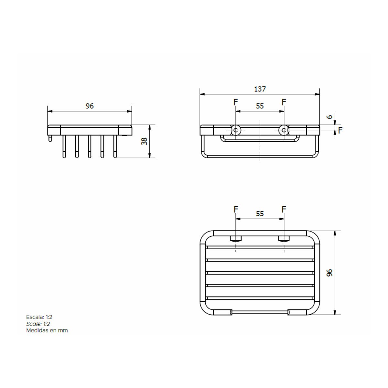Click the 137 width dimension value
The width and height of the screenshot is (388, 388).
[260, 89]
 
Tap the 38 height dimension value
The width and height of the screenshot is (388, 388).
[145, 141]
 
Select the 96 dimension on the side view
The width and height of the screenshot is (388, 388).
[90, 106]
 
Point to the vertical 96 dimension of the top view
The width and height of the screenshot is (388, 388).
[329, 273]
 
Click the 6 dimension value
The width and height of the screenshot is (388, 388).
[329, 117]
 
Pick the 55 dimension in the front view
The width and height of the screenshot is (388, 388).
[260, 106]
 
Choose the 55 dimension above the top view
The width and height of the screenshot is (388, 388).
[260, 214]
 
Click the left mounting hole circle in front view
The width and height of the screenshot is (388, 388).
[236, 130]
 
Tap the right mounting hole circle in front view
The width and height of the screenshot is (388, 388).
[284, 130]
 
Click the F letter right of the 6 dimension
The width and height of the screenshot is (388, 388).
[340, 130]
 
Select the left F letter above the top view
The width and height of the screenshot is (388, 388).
[236, 210]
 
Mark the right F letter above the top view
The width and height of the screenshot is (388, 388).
[284, 210]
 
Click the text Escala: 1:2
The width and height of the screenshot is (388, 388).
[39, 317]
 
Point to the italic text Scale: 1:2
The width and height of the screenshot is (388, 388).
[38, 324]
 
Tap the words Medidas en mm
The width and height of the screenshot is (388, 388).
[47, 330]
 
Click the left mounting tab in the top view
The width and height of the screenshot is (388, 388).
[236, 239]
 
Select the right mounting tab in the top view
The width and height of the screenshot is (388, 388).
[284, 239]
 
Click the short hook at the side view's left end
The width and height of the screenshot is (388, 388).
[50, 139]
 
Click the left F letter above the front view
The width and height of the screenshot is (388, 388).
[236, 102]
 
